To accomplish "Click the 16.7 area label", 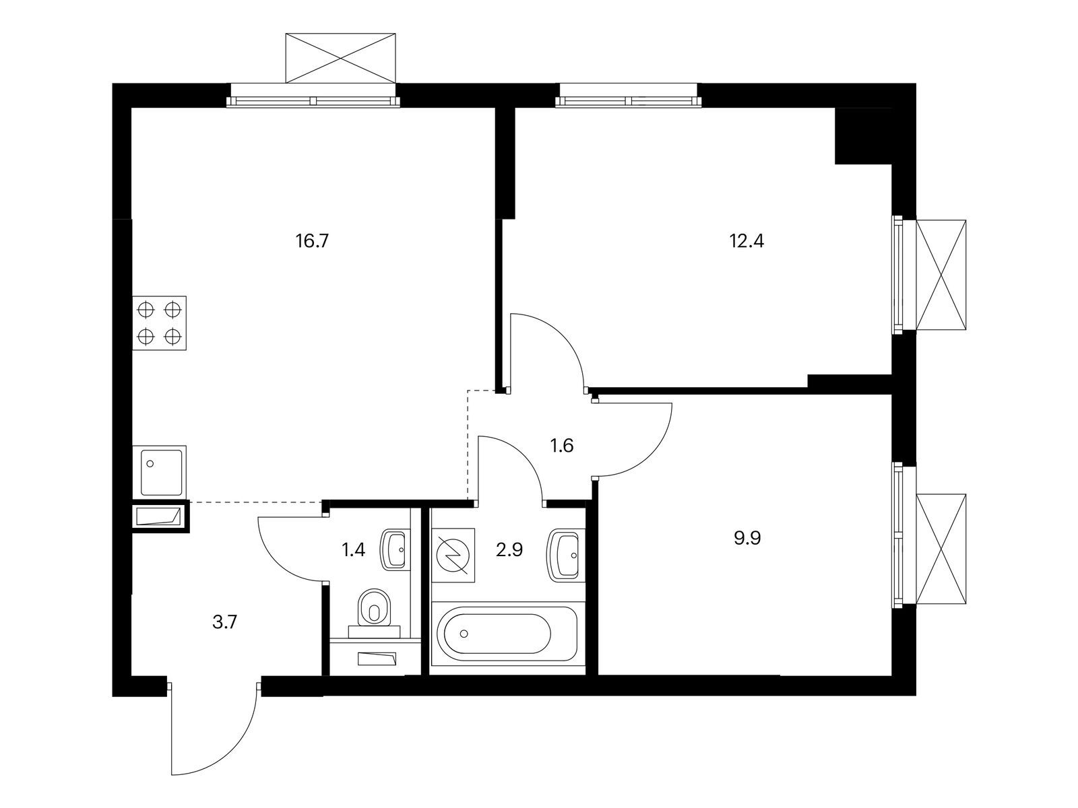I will pyautogui.click(x=311, y=241).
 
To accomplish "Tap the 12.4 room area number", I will pyautogui.click(x=747, y=241).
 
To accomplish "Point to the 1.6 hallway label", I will pyautogui.click(x=561, y=446).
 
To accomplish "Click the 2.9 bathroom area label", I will pyautogui.click(x=509, y=550).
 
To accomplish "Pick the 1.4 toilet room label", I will pyautogui.click(x=354, y=550).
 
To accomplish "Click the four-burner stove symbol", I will pyautogui.click(x=160, y=323).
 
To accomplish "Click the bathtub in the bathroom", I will pyautogui.click(x=507, y=633).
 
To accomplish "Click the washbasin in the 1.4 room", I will pyautogui.click(x=395, y=549).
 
